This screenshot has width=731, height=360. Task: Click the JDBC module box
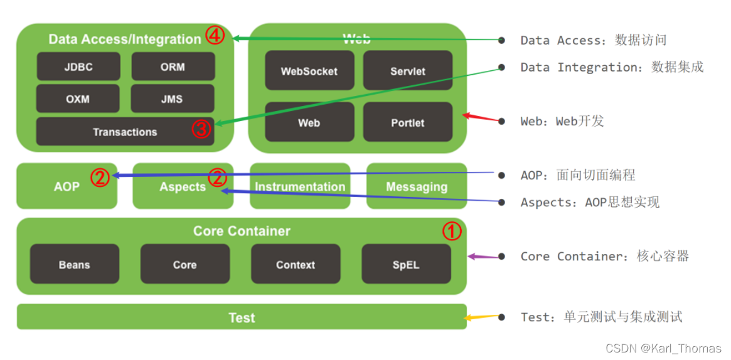pos(78,66)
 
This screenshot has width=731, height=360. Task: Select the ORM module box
pos(173,66)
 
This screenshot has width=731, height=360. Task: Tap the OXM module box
pos(78,99)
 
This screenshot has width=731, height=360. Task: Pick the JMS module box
pos(173,99)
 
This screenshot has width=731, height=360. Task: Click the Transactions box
pos(125,132)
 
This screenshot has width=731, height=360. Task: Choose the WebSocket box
pos(309,71)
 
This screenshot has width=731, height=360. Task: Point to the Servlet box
pos(408,71)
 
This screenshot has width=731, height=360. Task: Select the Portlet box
pos(408,122)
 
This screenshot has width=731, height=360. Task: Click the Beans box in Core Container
pos(75,264)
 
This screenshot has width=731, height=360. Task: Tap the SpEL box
pos(406,264)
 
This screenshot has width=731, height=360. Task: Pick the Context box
pos(296,264)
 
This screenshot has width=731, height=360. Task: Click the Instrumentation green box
pos(300,186)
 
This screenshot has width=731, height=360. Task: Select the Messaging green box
pos(417,186)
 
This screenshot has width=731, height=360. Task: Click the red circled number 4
pos(215,36)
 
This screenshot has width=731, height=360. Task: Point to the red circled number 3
pos(201,129)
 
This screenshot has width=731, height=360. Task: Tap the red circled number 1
pos(452,231)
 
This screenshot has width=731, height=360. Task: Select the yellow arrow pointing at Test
pos(482,317)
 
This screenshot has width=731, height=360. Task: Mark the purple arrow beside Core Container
pos(483,257)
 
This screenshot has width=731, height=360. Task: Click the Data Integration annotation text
pos(612,67)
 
